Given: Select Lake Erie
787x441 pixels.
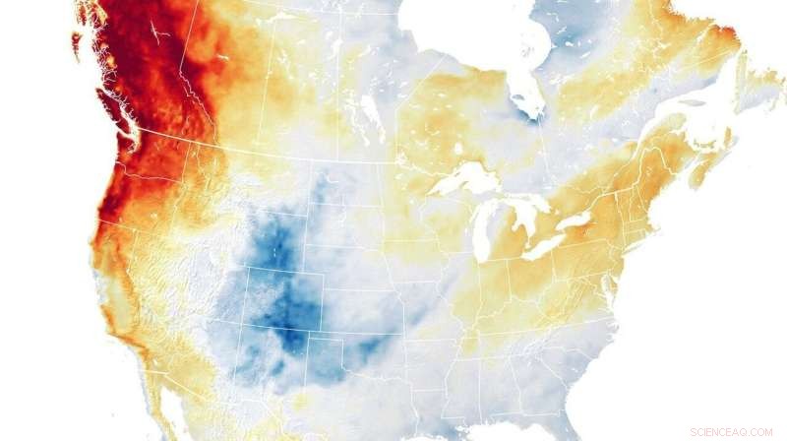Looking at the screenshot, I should [x=549, y=247].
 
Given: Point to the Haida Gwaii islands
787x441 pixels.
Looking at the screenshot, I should [x=76, y=44].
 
